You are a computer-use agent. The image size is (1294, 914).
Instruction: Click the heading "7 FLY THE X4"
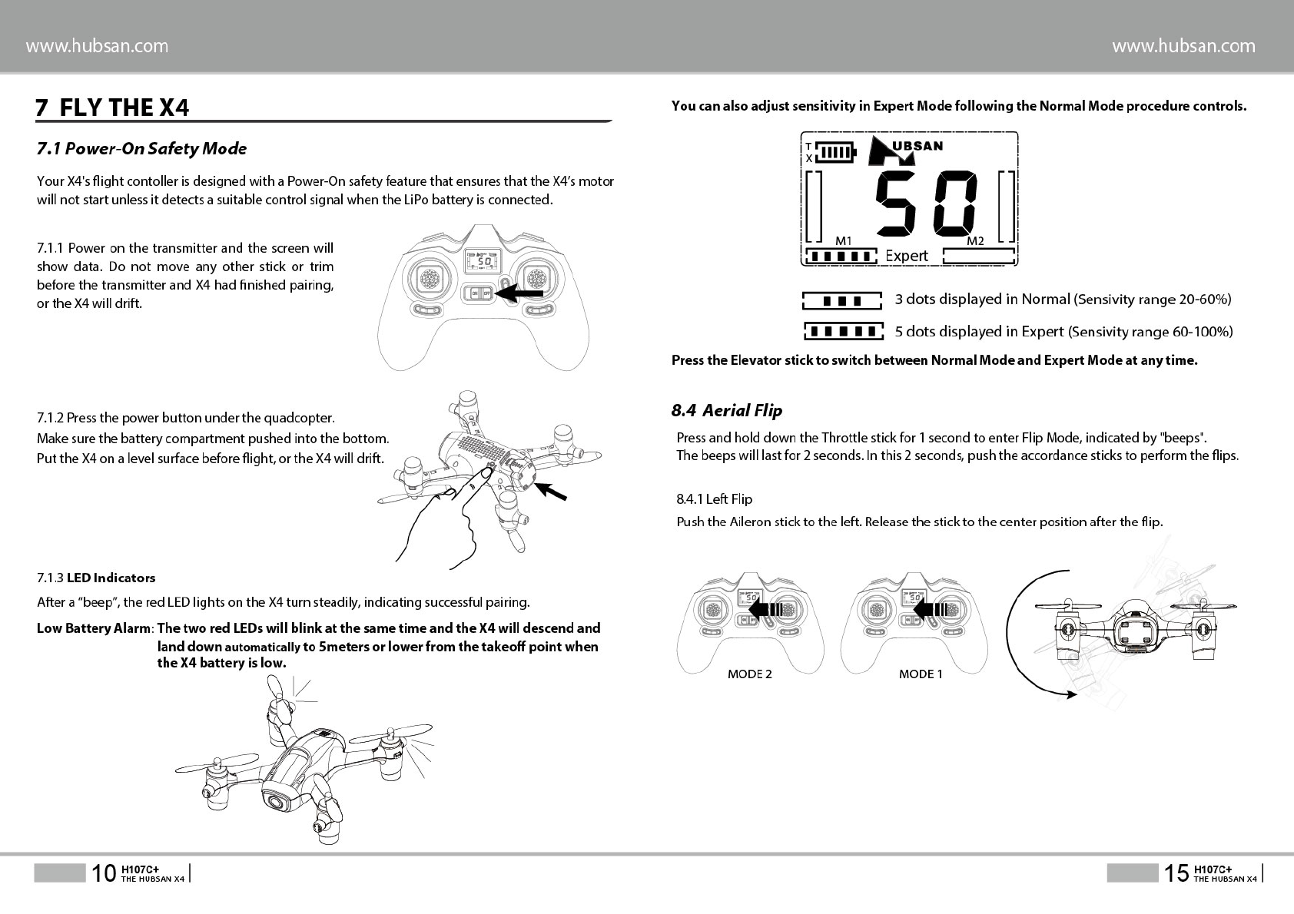(112, 108)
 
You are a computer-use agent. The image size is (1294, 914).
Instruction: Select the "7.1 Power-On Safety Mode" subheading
(141, 148)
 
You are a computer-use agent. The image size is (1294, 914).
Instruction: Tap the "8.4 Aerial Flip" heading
(726, 410)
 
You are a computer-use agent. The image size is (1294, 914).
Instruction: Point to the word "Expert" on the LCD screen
(907, 256)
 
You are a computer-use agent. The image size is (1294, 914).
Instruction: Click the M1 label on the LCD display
(843, 240)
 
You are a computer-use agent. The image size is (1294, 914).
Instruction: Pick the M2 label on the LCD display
(975, 240)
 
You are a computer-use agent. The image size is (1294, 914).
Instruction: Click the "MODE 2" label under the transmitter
(749, 674)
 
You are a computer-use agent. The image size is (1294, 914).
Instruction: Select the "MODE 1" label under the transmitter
(921, 674)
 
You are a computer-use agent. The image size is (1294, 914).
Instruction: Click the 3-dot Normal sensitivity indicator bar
(841, 300)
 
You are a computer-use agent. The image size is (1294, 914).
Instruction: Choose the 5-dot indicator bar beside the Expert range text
(843, 332)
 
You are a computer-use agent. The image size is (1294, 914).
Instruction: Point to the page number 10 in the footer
(103, 873)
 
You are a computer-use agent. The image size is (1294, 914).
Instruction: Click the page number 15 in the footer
(1176, 873)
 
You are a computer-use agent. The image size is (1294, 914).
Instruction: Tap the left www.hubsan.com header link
(97, 46)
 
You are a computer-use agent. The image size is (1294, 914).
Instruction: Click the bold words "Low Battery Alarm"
(93, 628)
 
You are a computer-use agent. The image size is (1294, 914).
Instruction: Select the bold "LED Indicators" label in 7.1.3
(111, 578)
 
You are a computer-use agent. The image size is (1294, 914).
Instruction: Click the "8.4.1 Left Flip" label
(714, 499)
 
